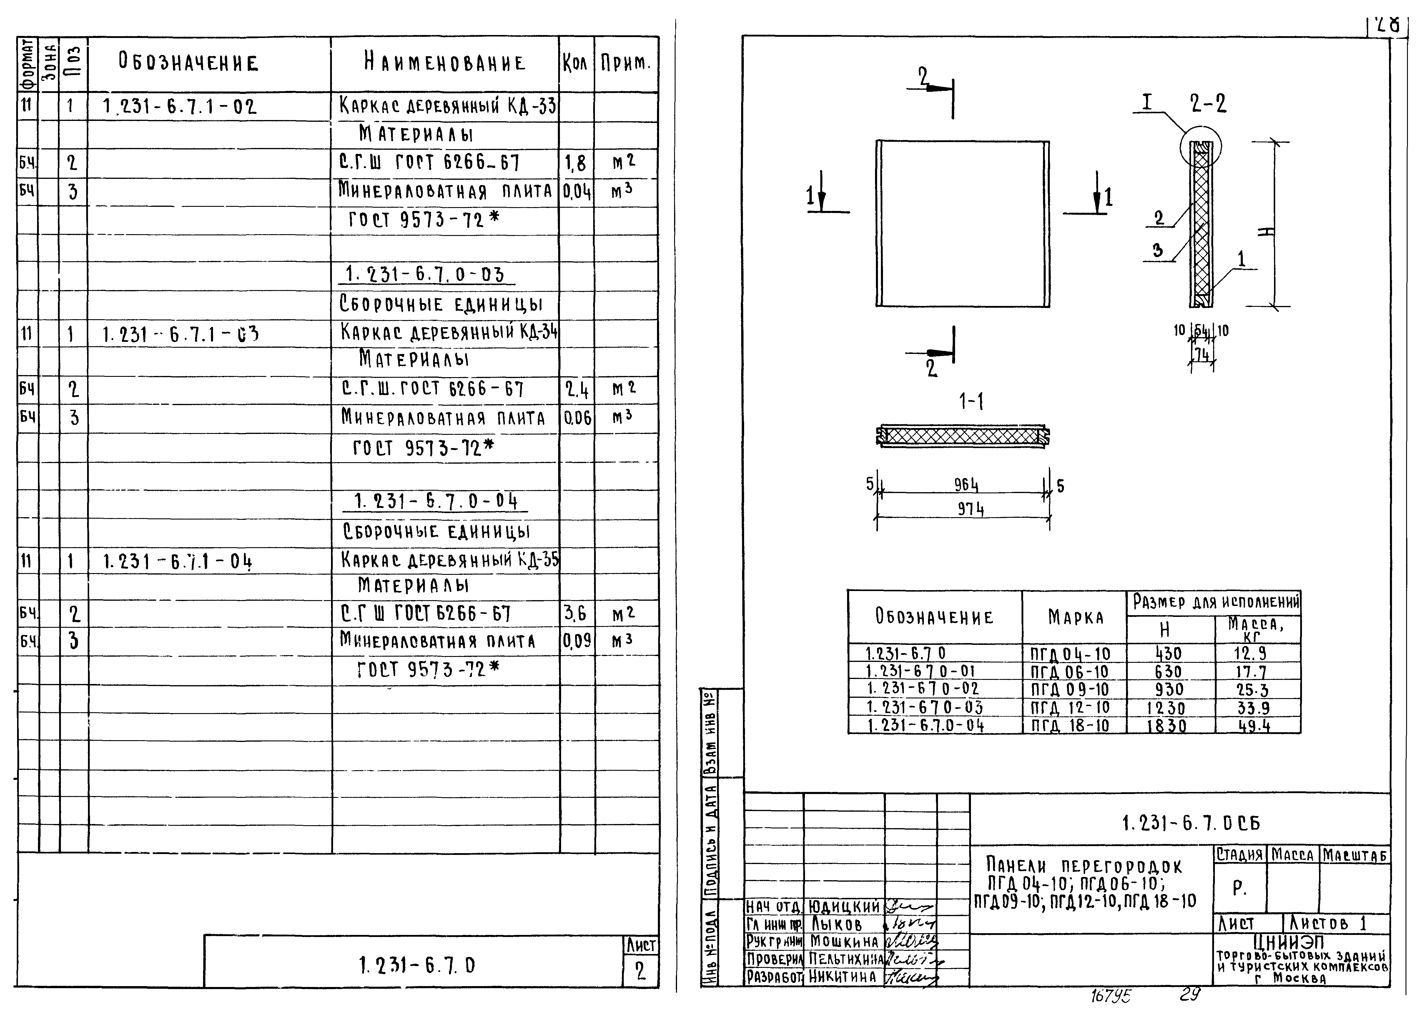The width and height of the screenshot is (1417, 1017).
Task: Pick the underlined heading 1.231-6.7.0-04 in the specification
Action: click(435, 502)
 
